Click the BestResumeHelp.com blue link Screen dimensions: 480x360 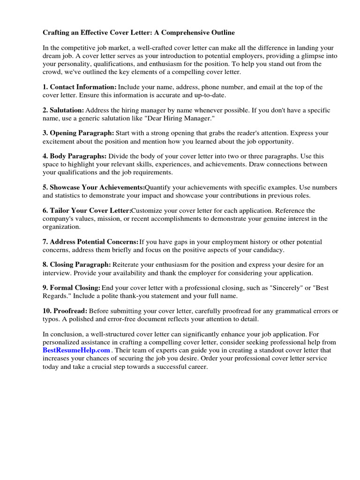tap(76, 350)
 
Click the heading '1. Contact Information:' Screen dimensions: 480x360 tap(79, 87)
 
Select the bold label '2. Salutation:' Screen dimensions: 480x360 tap(63, 110)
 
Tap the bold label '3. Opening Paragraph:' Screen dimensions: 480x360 tap(78, 133)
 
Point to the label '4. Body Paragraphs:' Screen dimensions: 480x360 tap(75, 156)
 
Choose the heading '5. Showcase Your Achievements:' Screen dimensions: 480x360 tap(94, 187)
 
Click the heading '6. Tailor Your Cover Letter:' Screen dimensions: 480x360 tap(87, 210)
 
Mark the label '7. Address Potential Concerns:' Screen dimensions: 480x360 tap(90, 242)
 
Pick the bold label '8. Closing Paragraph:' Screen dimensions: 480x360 tap(77, 265)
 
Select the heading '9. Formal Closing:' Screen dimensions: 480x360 tap(71, 288)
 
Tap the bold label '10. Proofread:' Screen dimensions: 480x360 tap(65, 311)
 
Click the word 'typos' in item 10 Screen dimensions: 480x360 tap(51, 319)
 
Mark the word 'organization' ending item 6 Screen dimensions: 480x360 tap(61, 226)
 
